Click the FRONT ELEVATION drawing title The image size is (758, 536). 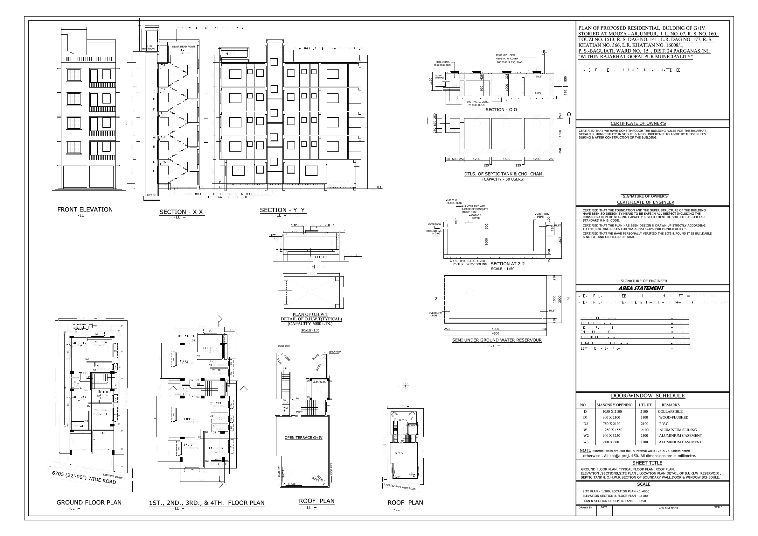pyautogui.click(x=85, y=210)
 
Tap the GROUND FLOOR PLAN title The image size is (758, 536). pyautogui.click(x=89, y=503)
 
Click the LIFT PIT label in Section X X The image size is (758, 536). pyautogui.click(x=152, y=195)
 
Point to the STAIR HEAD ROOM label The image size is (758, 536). pyautogui.click(x=183, y=47)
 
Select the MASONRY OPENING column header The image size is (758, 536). pyautogui.click(x=615, y=405)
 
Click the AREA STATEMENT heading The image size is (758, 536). pyautogui.click(x=645, y=289)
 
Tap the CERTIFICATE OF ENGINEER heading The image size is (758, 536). pyautogui.click(x=645, y=203)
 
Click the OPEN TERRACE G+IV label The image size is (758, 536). pyautogui.click(x=303, y=438)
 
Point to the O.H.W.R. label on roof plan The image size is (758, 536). pyautogui.click(x=319, y=382)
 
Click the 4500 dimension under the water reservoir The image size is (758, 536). pyautogui.click(x=495, y=333)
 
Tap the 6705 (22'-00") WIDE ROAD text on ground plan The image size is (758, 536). pyautogui.click(x=84, y=477)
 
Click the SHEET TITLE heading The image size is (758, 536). pyautogui.click(x=647, y=463)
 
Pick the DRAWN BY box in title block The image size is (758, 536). pyautogui.click(x=585, y=507)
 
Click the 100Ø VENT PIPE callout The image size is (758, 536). pyautogui.click(x=504, y=55)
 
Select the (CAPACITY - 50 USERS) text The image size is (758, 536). pyautogui.click(x=503, y=179)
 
